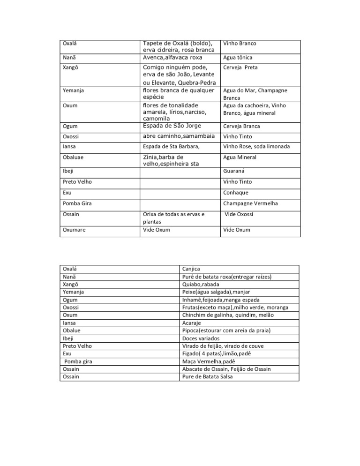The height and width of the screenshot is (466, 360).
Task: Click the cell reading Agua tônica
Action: point(238,58)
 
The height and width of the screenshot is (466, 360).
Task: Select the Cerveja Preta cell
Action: point(240,68)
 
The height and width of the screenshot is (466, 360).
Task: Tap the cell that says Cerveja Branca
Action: point(242,127)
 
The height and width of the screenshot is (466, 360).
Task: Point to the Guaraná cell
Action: point(235,172)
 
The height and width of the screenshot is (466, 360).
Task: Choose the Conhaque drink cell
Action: point(236,193)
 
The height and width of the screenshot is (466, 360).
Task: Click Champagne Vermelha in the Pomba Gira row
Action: point(251,204)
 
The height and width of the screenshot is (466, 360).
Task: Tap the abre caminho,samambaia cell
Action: point(179,136)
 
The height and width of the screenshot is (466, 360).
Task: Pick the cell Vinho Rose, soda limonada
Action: point(257,147)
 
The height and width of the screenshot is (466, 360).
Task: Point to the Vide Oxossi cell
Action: point(239,214)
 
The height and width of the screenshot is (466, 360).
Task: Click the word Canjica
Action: point(191,269)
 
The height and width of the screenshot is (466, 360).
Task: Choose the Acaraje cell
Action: point(192,323)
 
